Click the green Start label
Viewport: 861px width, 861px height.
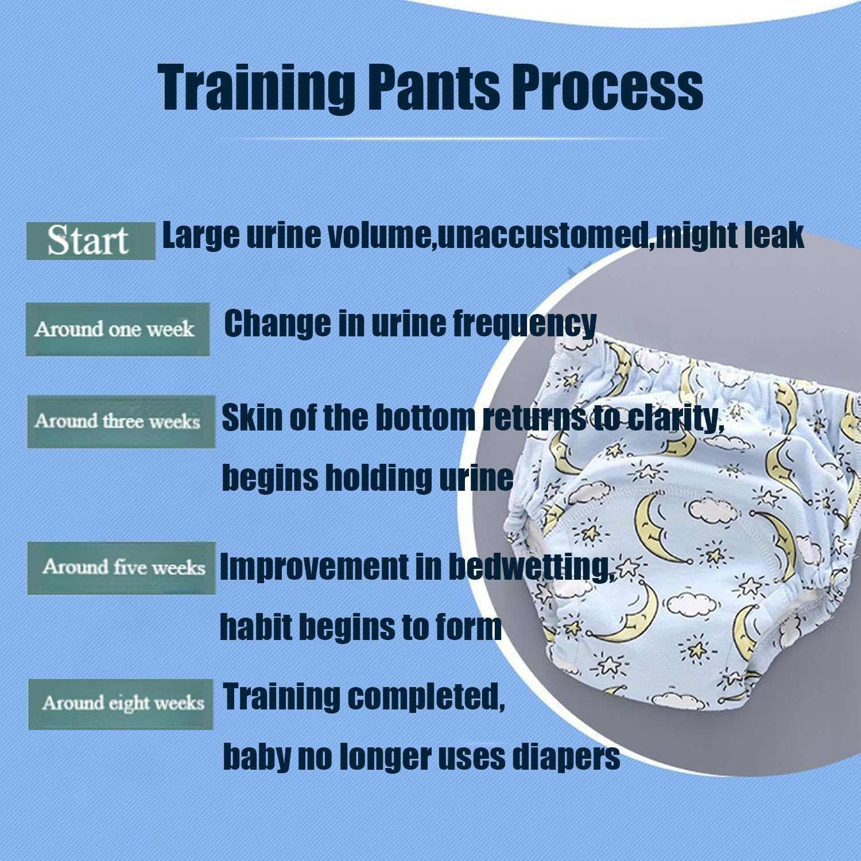coord(90,241)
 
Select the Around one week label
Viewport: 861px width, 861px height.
coord(117,329)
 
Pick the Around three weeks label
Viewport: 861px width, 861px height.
coord(121,421)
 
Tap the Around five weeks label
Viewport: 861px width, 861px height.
coord(121,568)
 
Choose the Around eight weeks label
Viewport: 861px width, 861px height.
coord(121,704)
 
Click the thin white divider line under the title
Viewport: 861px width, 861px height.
coord(442,139)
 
